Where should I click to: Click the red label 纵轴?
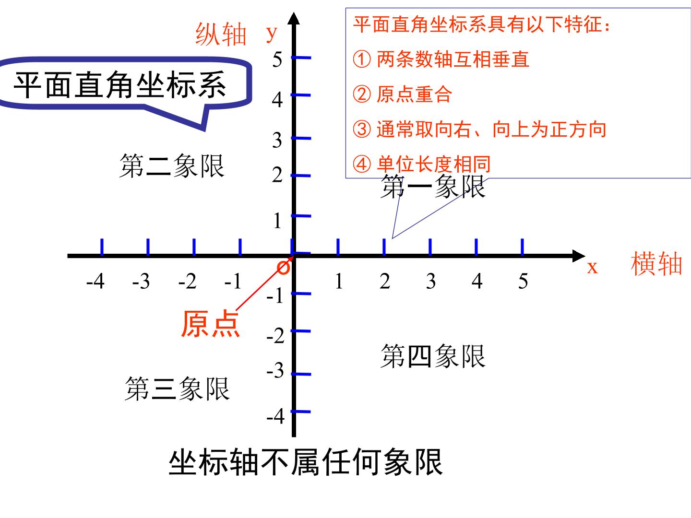click(x=220, y=35)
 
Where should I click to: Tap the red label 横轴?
click(x=656, y=264)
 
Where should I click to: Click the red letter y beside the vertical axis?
click(x=272, y=34)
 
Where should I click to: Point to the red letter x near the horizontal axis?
click(x=592, y=268)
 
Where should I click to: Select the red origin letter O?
click(x=283, y=268)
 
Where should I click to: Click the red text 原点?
click(x=210, y=324)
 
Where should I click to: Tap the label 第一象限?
click(x=432, y=187)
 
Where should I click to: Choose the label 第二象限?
click(x=172, y=166)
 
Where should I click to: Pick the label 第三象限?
click(x=177, y=388)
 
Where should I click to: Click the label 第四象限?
click(x=433, y=356)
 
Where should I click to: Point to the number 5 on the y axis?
click(x=277, y=59)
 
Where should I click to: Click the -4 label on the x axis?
click(x=95, y=281)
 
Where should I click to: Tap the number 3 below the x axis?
click(x=430, y=281)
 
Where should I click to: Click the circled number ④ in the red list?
click(x=361, y=164)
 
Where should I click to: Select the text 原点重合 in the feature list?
click(x=414, y=94)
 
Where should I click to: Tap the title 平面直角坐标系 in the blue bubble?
click(x=119, y=84)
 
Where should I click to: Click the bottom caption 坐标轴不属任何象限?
click(x=306, y=462)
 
